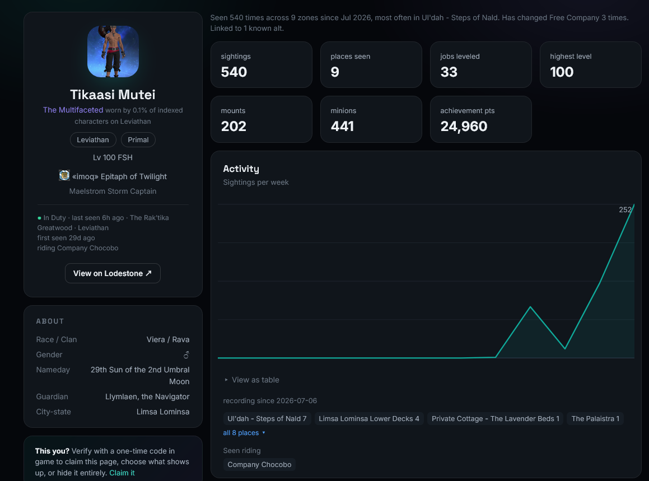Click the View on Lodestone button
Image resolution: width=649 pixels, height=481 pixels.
[x=113, y=273]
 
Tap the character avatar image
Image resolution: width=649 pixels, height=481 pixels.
[x=113, y=52]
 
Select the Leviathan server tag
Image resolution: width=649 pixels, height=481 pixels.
[x=93, y=140]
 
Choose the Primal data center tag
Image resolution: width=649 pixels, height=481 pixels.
[x=138, y=140]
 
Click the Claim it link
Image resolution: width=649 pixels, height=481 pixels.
[x=122, y=473]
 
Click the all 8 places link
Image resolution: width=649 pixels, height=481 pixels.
[x=244, y=433]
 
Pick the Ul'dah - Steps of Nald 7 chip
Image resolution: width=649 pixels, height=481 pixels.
[x=267, y=418]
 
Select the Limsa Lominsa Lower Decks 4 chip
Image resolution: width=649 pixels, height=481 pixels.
[x=369, y=418]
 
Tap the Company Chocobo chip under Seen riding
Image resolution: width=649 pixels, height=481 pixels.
[x=259, y=464]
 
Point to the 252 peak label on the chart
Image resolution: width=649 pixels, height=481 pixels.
[x=625, y=210]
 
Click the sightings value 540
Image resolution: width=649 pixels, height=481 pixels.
[x=234, y=72]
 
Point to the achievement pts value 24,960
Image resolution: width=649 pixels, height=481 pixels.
[x=464, y=126]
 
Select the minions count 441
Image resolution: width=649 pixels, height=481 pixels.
[x=342, y=126]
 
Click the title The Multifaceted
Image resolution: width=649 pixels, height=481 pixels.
[x=73, y=110]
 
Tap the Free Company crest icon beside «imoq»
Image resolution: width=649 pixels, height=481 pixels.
[x=64, y=175]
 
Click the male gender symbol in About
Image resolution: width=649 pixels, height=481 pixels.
[x=186, y=355]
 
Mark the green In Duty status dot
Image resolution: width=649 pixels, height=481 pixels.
[x=39, y=218]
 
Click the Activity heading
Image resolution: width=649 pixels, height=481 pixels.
[x=241, y=169]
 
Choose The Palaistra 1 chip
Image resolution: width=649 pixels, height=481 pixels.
[x=595, y=418]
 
